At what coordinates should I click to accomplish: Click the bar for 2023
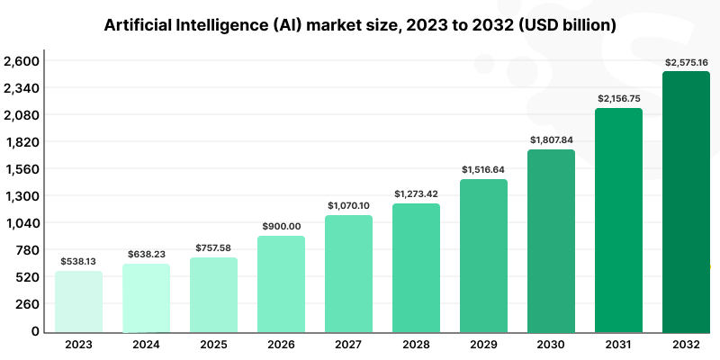pyautogui.click(x=78, y=301)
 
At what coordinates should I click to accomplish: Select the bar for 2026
pyautogui.click(x=281, y=283)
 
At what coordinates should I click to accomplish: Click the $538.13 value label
pyautogui.click(x=78, y=261)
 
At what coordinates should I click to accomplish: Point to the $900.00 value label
pyautogui.click(x=281, y=226)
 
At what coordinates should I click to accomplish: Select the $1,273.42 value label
pyautogui.click(x=416, y=193)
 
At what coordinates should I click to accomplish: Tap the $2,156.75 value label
pyautogui.click(x=618, y=98)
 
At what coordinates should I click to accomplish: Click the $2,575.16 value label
pyautogui.click(x=686, y=62)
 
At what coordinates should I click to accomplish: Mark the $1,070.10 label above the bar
pyautogui.click(x=348, y=206)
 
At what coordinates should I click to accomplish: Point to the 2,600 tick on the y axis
pyautogui.click(x=22, y=61)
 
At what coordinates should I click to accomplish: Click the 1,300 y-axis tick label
pyautogui.click(x=22, y=196)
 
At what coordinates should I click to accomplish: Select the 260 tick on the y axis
pyautogui.click(x=27, y=304)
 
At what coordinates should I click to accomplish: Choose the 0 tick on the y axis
pyautogui.click(x=35, y=331)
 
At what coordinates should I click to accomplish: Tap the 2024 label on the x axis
pyautogui.click(x=146, y=345)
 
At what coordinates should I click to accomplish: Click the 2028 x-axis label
pyautogui.click(x=416, y=345)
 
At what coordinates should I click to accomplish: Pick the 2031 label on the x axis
pyautogui.click(x=618, y=345)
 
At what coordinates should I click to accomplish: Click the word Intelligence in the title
pyautogui.click(x=239, y=25)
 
